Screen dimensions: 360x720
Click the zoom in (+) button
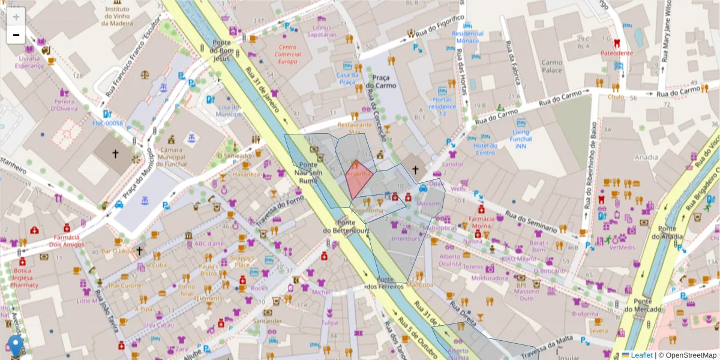[16, 16]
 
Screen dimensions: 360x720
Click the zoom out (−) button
[16, 35]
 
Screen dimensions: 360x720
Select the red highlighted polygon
[359, 179]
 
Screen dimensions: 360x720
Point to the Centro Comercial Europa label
[287, 54]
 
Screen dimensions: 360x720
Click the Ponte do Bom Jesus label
[221, 50]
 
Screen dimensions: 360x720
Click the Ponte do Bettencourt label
[346, 227]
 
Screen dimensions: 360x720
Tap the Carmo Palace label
[551, 66]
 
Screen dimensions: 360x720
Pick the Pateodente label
[617, 53]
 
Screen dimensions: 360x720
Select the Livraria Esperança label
[30, 62]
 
